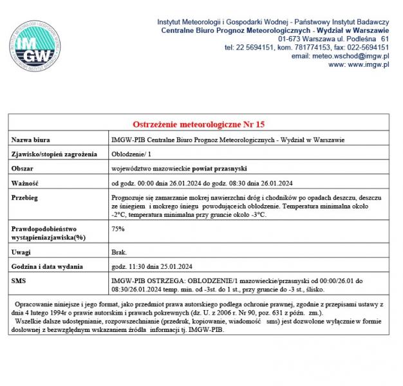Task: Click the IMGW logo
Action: (36, 46)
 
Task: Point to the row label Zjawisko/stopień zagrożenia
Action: (54, 154)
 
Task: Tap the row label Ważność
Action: (26, 183)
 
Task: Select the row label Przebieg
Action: (26, 197)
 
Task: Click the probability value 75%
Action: (118, 228)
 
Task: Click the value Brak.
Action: (119, 252)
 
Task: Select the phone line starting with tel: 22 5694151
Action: (306, 48)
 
